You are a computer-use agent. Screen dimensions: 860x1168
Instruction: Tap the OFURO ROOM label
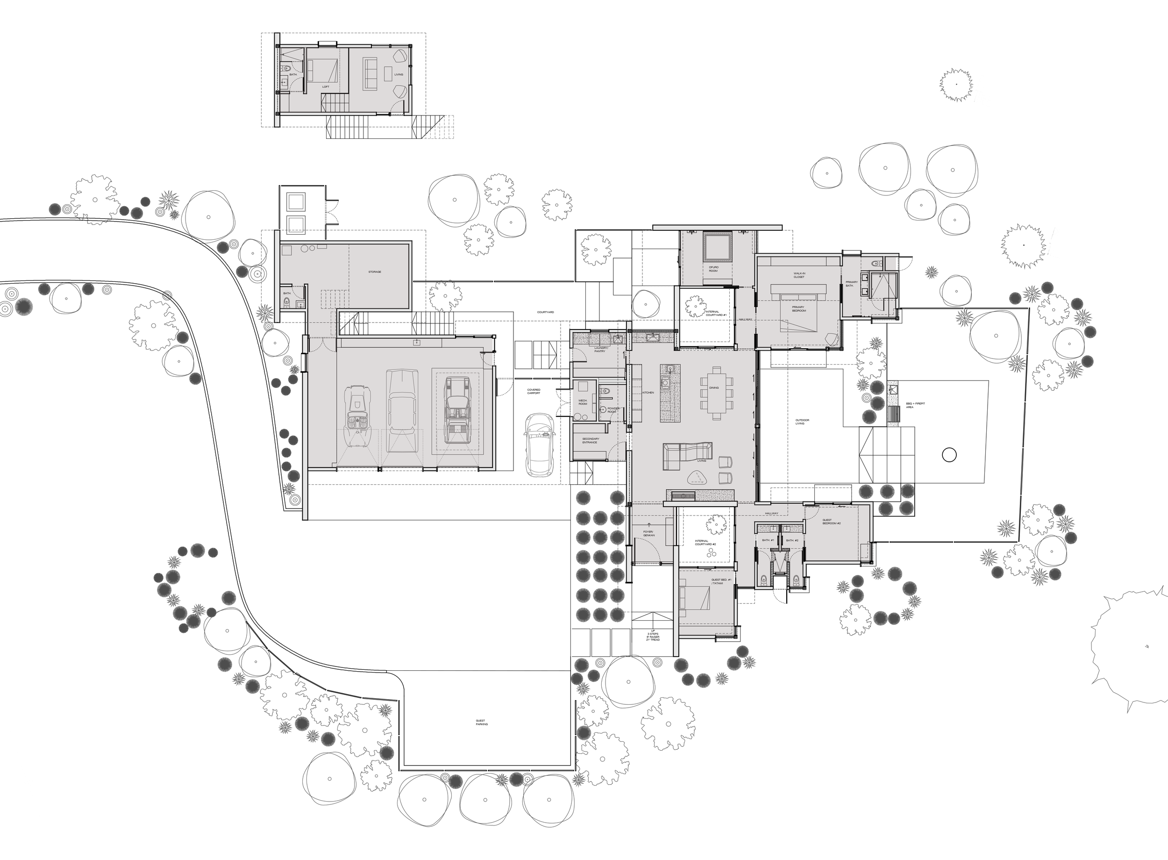[x=713, y=269]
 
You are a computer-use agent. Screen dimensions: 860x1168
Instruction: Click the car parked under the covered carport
[x=540, y=444]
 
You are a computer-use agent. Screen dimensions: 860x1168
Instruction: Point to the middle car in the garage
[x=402, y=410]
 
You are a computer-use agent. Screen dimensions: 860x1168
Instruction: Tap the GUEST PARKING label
[x=481, y=723]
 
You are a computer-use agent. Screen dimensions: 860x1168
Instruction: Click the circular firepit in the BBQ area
[x=949, y=455]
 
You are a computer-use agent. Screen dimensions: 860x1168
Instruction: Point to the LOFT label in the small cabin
[x=325, y=87]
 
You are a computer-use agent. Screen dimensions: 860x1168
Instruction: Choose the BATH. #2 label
[x=792, y=540]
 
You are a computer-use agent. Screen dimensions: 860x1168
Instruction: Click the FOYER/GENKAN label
[x=649, y=533]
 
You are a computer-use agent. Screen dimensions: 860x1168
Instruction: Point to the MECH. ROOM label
[x=583, y=402]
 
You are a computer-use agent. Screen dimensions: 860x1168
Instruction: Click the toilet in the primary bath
[x=875, y=263]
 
